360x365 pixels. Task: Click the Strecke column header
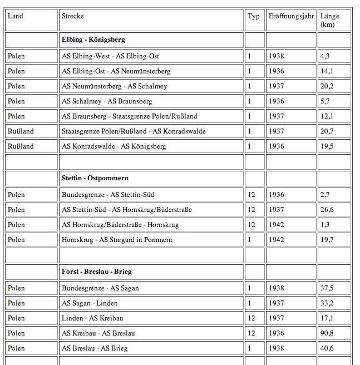click(73, 16)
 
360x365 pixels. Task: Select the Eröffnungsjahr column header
click(291, 16)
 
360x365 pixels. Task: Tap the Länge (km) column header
click(330, 20)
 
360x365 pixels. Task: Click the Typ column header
click(254, 16)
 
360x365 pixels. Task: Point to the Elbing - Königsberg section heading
click(93, 40)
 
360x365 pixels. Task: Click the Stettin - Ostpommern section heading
click(95, 178)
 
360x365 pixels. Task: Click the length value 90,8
click(327, 333)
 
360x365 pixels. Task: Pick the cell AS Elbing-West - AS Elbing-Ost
click(110, 56)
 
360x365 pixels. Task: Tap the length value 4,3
click(326, 56)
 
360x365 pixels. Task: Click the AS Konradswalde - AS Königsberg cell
click(114, 146)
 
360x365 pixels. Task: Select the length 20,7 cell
click(327, 131)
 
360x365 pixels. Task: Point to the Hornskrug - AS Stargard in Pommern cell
click(117, 240)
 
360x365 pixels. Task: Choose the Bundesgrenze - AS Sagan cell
click(101, 288)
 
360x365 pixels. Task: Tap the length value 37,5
click(327, 288)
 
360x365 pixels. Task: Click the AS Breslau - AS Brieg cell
click(95, 348)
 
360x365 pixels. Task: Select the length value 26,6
click(327, 210)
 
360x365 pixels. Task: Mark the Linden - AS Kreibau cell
click(93, 318)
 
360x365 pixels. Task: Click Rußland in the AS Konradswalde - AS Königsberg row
click(21, 146)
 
